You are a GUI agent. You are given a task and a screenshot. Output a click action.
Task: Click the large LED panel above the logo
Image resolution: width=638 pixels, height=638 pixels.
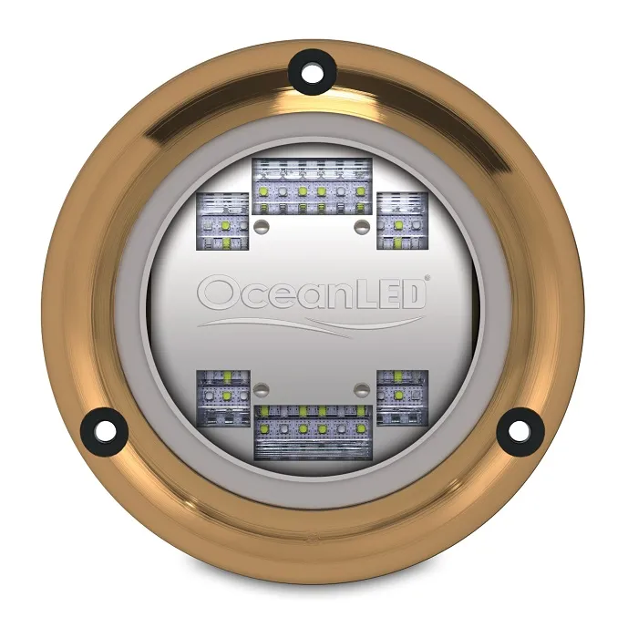pos(311,184)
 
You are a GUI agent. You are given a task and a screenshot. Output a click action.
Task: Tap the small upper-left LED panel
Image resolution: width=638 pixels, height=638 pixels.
pos(222,222)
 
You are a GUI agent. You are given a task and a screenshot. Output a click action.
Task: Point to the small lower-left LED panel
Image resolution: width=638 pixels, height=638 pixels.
pos(222,396)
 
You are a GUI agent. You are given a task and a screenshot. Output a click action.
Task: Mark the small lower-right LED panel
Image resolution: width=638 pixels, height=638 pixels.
pos(401,396)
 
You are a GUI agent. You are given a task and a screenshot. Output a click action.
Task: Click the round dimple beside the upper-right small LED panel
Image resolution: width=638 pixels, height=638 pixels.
pos(359,223)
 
